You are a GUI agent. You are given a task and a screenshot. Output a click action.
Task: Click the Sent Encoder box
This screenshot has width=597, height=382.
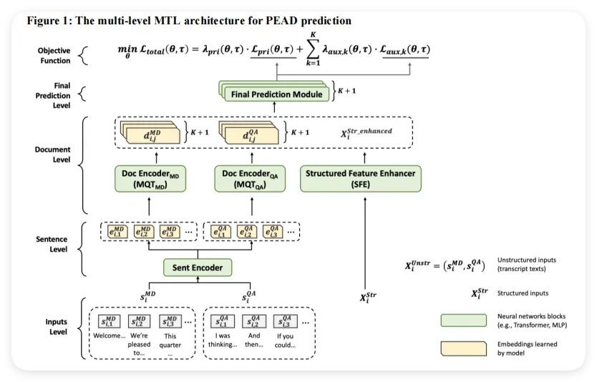click(198, 268)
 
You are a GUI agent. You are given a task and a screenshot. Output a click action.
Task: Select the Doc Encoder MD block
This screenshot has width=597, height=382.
click(150, 179)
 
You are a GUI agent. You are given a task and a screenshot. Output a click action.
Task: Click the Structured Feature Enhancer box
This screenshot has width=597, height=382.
click(360, 179)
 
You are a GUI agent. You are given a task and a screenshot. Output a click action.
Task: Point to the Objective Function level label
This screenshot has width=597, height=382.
click(54, 55)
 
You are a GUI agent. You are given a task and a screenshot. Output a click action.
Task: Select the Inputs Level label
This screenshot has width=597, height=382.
click(54, 326)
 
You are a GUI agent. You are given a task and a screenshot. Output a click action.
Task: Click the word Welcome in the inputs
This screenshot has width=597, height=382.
click(108, 335)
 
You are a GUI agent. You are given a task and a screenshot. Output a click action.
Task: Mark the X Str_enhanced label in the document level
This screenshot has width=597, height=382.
click(367, 132)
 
